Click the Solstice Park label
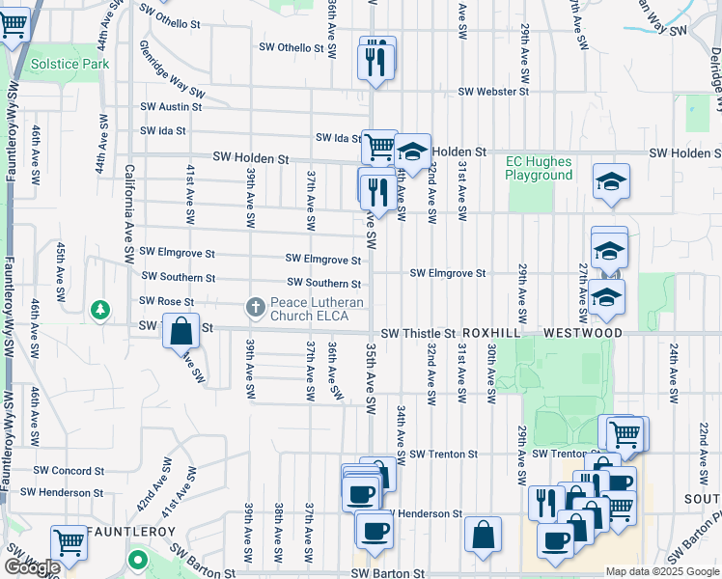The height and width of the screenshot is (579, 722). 69,64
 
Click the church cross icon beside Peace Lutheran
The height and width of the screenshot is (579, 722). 256,307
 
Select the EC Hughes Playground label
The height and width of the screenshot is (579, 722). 539,169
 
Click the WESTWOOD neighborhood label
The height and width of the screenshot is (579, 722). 582,333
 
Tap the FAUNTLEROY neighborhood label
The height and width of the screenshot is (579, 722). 132,532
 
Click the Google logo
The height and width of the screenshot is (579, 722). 32,567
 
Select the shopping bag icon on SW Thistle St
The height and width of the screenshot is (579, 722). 180,332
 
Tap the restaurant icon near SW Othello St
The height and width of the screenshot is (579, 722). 376,62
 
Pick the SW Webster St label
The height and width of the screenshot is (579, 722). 493,92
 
